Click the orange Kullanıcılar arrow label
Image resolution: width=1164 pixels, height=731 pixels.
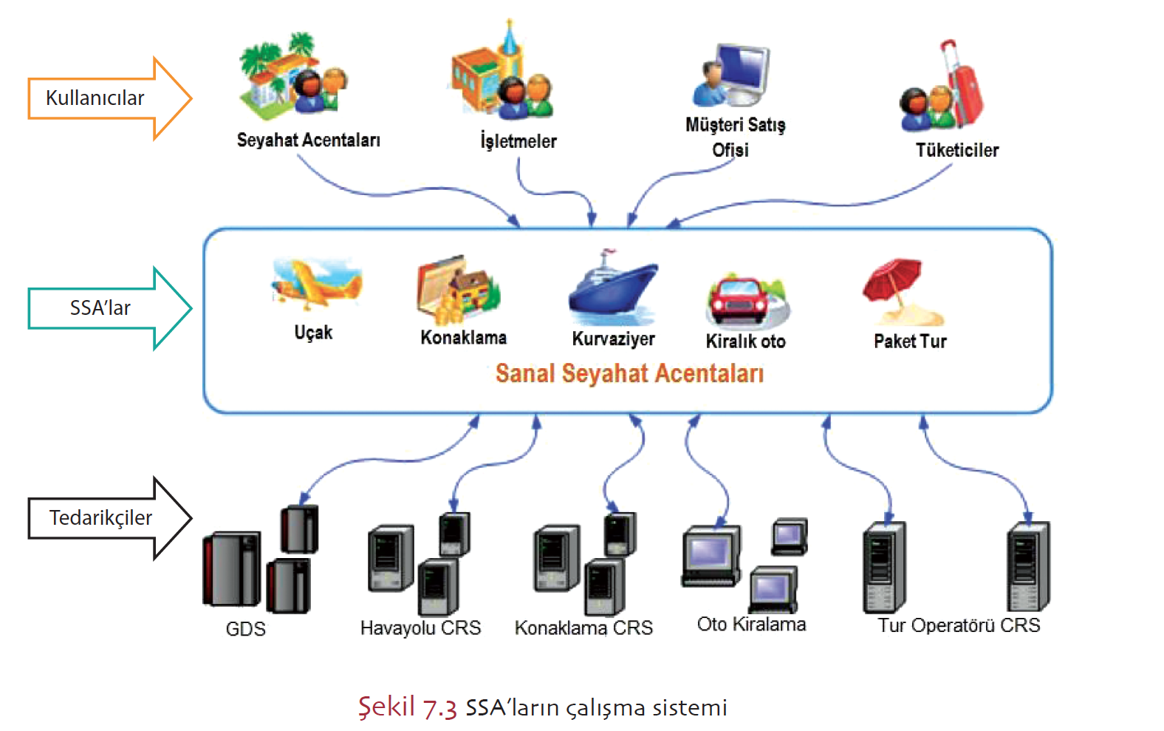(95, 98)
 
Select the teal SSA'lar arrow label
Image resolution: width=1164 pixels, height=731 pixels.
(100, 307)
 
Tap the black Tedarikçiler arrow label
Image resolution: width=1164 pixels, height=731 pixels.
(100, 517)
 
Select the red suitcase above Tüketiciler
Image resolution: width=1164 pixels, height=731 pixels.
(963, 85)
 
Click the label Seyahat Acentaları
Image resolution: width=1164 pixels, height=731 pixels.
(309, 140)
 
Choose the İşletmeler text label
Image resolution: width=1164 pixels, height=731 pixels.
(518, 140)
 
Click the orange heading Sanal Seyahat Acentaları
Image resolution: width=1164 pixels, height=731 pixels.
(629, 373)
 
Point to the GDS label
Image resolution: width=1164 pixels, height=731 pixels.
(245, 629)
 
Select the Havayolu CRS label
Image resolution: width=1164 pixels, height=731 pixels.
(420, 628)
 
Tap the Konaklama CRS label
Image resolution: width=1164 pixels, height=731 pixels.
(583, 628)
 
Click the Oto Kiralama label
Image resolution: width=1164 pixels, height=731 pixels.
(751, 625)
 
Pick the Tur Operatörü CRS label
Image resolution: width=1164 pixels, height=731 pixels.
(959, 625)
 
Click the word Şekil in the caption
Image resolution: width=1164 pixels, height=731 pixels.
(386, 707)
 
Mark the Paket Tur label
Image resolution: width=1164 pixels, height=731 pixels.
(910, 341)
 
